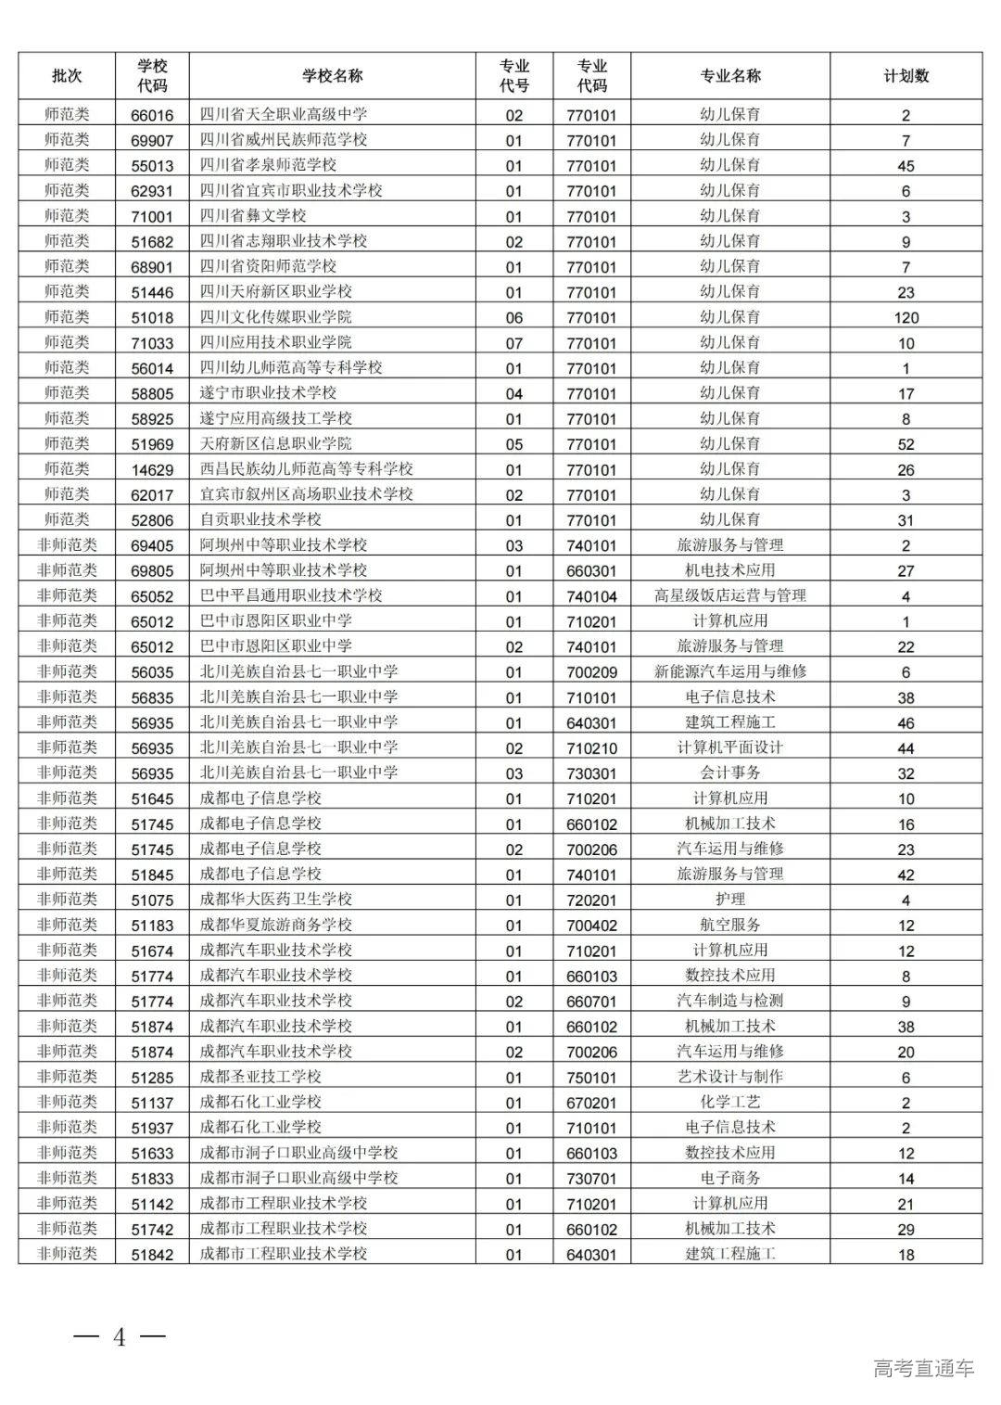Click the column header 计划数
(x=906, y=76)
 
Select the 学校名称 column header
(x=332, y=76)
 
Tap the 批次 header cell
(x=67, y=76)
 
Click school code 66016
(x=152, y=116)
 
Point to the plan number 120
(x=906, y=318)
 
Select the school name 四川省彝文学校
(x=253, y=216)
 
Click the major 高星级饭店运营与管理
(x=729, y=595)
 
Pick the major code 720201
(x=591, y=900)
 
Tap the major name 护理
(x=729, y=900)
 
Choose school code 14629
(x=152, y=470)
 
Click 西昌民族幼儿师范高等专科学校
(x=307, y=469)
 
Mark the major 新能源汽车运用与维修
(x=729, y=671)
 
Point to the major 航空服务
(x=729, y=925)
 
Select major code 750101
(x=591, y=1078)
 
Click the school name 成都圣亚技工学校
(x=260, y=1077)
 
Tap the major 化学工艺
(x=729, y=1103)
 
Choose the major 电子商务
(x=729, y=1178)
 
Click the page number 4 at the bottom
(x=119, y=1337)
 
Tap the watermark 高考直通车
(x=923, y=1368)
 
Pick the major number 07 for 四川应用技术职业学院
(x=513, y=343)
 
